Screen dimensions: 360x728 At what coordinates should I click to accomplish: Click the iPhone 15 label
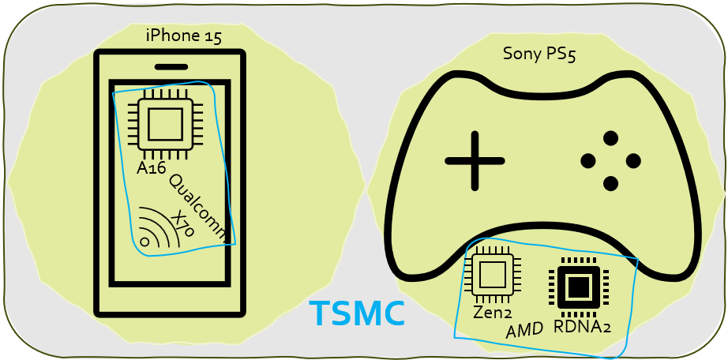pos(183,36)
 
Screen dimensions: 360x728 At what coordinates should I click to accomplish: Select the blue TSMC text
pos(357,314)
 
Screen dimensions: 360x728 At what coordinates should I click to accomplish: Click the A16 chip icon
pos(165,124)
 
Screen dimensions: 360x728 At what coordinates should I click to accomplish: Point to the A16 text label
pos(152,168)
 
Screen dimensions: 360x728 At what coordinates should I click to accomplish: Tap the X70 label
pos(182,224)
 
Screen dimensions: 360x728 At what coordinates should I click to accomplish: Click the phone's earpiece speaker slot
pos(171,67)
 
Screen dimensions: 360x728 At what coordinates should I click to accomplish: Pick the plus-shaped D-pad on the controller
pos(475,161)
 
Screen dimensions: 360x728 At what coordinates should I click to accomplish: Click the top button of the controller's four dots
pos(610,138)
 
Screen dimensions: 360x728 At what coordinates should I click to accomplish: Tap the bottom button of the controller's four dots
pos(610,183)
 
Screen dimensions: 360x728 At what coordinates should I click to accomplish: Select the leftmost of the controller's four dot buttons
pos(587,161)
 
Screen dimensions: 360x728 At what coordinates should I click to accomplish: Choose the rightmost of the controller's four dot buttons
pos(633,161)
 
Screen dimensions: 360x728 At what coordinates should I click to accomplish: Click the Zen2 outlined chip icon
pos(492,276)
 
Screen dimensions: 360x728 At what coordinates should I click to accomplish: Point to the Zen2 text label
pos(492,313)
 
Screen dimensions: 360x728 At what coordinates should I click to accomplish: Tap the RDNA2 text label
pos(582,326)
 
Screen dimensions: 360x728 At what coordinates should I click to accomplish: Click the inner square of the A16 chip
pos(165,124)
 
